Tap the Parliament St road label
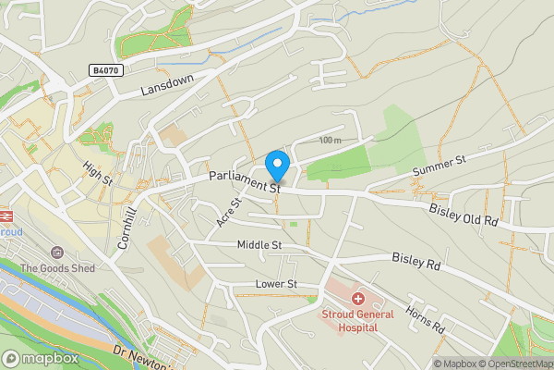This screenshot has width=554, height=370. (x=244, y=180)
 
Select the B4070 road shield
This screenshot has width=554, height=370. (x=106, y=70)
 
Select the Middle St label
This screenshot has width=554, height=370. (x=259, y=245)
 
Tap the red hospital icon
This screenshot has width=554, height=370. (x=356, y=299)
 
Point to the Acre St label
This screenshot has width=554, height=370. (x=229, y=213)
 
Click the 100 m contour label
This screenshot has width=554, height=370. (x=329, y=140)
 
